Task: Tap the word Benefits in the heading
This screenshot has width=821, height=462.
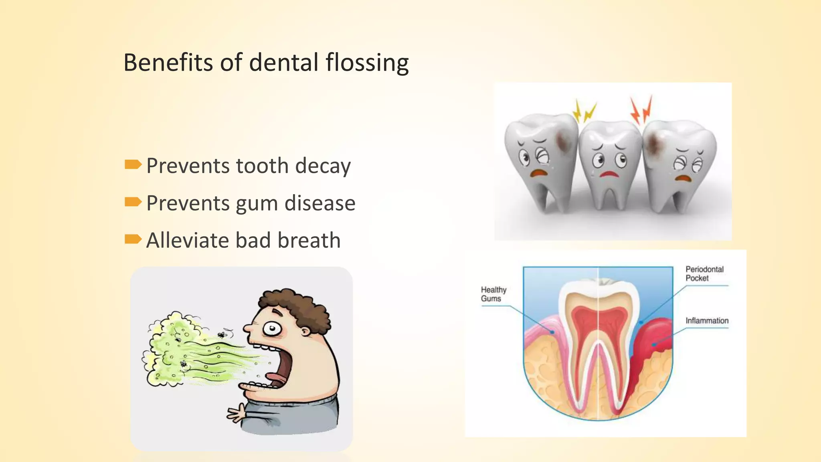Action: click(168, 63)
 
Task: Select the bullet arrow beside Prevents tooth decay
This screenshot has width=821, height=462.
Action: click(133, 164)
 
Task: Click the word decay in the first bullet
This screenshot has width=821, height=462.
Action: click(323, 166)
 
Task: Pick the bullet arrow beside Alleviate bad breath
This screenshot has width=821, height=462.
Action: click(133, 239)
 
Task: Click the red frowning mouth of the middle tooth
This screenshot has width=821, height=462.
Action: click(609, 174)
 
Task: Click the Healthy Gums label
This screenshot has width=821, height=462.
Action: click(493, 294)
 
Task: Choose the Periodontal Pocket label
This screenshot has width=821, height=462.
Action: click(704, 274)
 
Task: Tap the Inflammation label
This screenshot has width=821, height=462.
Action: click(706, 320)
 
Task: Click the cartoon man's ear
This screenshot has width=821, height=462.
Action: click(305, 331)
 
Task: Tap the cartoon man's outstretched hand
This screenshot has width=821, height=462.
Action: click(237, 413)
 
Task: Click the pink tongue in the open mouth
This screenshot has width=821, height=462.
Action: click(277, 378)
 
